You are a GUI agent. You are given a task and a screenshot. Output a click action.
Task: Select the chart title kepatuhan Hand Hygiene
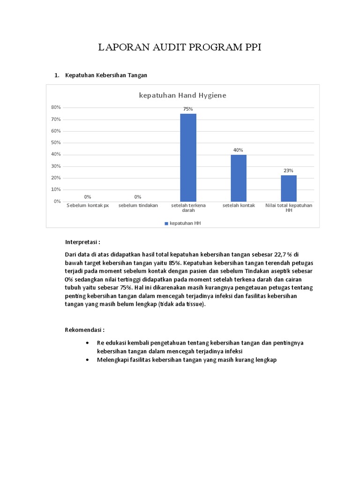(x=182, y=95)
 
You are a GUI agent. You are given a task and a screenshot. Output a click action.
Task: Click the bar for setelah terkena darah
(x=188, y=157)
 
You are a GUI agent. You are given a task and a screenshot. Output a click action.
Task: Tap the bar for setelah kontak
(x=238, y=178)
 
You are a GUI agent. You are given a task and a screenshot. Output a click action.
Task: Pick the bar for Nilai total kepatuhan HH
(x=289, y=188)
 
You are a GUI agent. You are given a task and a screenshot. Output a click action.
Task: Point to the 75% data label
(x=188, y=109)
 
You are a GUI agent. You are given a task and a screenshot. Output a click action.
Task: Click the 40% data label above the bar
(x=238, y=150)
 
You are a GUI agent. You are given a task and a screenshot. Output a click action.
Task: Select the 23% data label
(x=289, y=171)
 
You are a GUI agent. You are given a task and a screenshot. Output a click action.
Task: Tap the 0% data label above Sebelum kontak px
(x=88, y=197)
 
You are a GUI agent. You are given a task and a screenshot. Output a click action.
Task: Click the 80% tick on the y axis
(x=56, y=107)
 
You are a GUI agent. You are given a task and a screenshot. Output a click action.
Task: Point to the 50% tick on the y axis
(x=56, y=142)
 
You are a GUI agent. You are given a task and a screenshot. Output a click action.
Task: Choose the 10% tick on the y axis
(x=56, y=189)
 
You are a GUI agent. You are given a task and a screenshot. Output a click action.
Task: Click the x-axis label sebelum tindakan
(x=138, y=206)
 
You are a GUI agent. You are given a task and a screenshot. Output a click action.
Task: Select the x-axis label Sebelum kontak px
(x=88, y=206)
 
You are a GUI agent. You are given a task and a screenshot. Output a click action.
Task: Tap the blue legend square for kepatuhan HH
(x=166, y=224)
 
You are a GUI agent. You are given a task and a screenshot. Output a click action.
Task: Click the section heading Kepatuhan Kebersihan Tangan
(x=106, y=75)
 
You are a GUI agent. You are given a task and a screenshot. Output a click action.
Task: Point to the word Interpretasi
(x=82, y=242)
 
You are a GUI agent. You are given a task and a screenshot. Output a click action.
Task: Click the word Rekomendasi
(x=84, y=330)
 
